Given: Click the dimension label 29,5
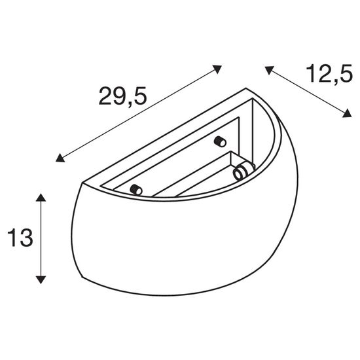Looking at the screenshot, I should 122,96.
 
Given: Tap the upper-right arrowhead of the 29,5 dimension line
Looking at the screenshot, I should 219,67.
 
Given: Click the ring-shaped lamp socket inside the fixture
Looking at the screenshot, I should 240,172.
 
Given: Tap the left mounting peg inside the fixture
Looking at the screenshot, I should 137,190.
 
